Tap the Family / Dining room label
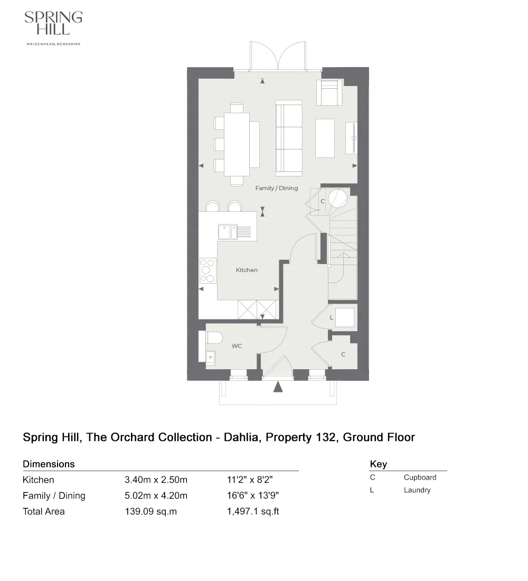tap(276, 188)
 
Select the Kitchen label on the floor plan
tap(247, 270)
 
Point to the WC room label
tap(237, 346)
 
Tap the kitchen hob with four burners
tap(208, 270)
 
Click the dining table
tap(237, 139)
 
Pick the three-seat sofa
tap(288, 138)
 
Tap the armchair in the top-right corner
tap(329, 93)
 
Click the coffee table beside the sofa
tap(325, 138)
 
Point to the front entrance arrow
tap(278, 387)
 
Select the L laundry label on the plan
tap(331, 318)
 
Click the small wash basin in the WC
tap(210, 357)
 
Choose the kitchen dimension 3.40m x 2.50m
tap(156, 480)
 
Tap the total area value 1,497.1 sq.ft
tap(253, 511)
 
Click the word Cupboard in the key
tap(420, 477)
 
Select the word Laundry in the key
tap(417, 490)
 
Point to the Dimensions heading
tap(49, 464)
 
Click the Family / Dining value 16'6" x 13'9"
tap(252, 495)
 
